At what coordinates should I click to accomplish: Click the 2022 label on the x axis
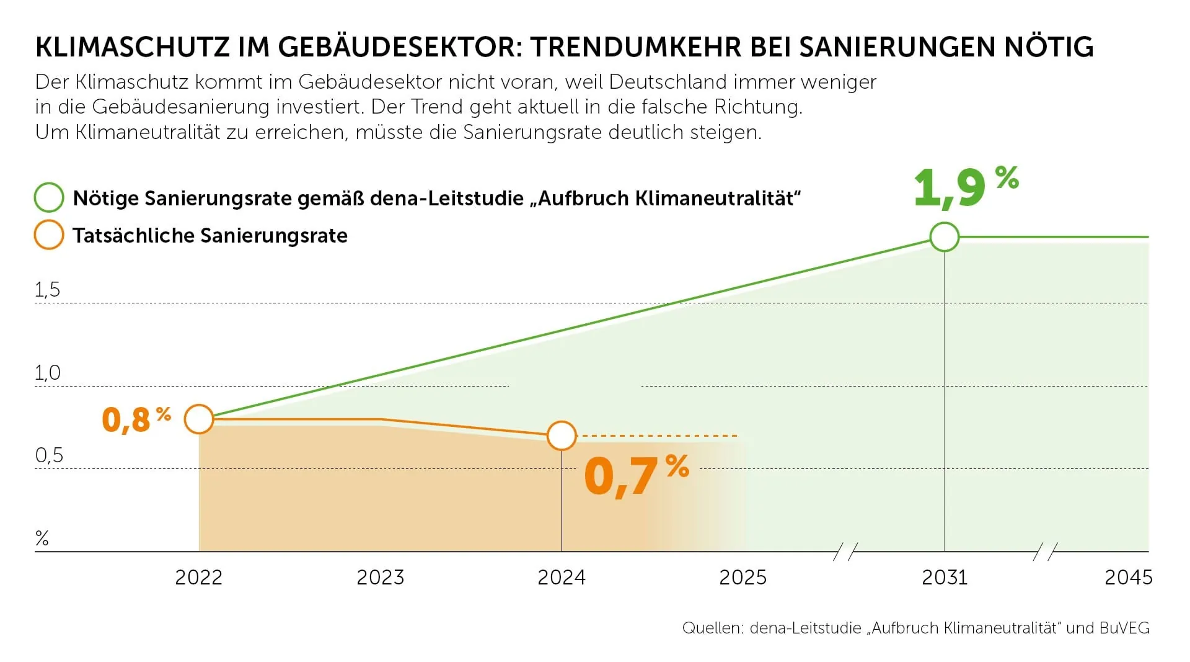coord(198,578)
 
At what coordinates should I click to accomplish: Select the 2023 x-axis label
coord(380,578)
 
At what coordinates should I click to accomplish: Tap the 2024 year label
coord(561,578)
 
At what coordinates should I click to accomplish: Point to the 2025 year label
coord(743,578)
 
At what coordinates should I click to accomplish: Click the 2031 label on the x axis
coord(944,578)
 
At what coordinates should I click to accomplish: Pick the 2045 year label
coord(1128,578)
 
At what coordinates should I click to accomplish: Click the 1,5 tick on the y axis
coord(48,290)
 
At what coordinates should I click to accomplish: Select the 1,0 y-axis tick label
coord(48,373)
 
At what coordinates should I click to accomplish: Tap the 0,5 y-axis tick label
coord(49,455)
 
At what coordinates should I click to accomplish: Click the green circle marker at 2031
coord(944,237)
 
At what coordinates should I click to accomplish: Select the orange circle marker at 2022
coord(199,419)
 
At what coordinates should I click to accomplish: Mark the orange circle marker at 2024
coord(562,436)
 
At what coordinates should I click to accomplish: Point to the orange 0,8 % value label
coord(136,419)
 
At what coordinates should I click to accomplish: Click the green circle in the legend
coord(49,198)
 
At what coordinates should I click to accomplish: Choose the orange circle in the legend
coord(49,235)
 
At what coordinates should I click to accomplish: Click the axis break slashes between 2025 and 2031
coord(845,551)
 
